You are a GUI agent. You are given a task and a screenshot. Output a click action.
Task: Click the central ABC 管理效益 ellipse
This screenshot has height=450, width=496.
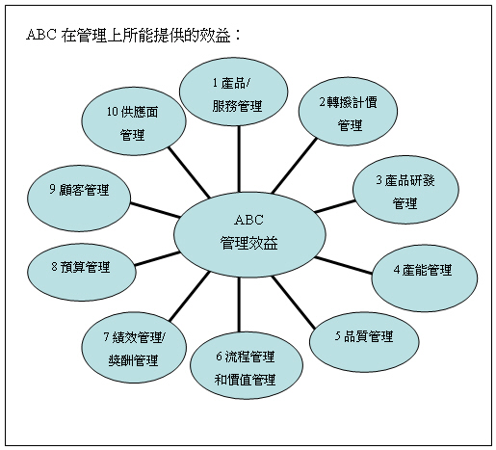[x=249, y=234]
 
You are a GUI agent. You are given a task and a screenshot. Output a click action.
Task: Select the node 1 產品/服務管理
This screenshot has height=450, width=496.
[x=233, y=92]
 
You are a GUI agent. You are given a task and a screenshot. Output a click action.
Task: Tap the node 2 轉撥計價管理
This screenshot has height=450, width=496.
[x=348, y=111]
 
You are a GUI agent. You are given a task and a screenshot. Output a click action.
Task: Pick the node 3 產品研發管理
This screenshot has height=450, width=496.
[x=405, y=190]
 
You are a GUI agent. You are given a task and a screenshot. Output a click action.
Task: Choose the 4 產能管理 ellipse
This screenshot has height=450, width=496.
[x=425, y=278]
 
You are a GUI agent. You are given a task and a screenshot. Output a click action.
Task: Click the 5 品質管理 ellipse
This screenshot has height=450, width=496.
[x=364, y=342]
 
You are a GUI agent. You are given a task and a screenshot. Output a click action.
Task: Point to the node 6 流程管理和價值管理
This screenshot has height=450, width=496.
[x=247, y=365]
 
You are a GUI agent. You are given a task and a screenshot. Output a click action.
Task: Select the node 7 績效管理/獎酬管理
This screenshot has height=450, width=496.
[x=134, y=348]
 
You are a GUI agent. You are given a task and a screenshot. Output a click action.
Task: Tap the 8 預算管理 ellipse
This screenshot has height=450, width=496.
[x=82, y=273]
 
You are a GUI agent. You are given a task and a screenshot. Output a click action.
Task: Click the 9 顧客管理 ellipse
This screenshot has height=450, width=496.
[x=79, y=199]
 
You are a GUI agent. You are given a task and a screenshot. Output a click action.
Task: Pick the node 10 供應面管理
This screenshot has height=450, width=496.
[x=134, y=121]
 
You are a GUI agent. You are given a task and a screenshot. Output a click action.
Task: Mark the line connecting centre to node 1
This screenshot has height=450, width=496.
[x=239, y=159]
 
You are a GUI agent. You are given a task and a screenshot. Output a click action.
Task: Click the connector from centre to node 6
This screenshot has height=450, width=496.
[x=239, y=304]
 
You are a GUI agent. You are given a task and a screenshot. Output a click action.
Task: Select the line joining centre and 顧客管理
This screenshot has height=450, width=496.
[x=155, y=210]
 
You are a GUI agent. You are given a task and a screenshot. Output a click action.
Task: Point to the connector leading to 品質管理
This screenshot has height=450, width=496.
[x=294, y=302]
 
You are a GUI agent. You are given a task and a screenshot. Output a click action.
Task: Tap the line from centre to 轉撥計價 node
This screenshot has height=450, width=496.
[x=295, y=166]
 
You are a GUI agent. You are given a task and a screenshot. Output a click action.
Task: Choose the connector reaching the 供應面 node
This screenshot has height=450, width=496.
[x=189, y=172]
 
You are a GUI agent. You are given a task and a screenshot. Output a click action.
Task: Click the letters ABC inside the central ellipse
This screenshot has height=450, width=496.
[x=249, y=220]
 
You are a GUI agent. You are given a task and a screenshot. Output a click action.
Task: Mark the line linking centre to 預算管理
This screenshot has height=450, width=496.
[x=157, y=259]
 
